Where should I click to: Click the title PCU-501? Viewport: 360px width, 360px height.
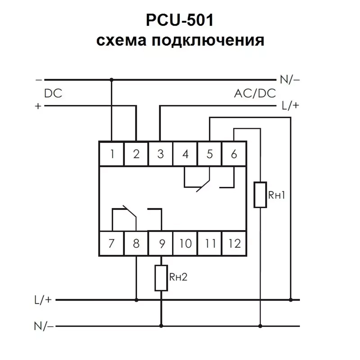coord(180,21)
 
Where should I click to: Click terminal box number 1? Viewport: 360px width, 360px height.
coord(112,154)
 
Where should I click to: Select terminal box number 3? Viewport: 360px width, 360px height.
coord(161,154)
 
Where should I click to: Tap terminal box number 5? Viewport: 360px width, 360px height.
coord(210,154)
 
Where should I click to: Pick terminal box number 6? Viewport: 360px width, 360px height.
coord(234,154)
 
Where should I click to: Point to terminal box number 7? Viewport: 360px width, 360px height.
coord(112,244)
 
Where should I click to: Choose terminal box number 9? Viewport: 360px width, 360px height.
coord(161,244)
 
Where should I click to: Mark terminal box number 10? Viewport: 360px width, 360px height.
coord(185,244)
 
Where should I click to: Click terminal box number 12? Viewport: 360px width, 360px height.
coord(234,244)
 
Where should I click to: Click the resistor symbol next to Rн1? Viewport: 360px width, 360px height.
coord(260,195)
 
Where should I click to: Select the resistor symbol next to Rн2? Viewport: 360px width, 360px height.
coord(161,278)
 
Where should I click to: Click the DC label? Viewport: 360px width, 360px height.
coord(53,94)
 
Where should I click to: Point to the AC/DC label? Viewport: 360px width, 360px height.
coord(255,94)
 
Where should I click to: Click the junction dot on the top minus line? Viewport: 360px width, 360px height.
coord(112,79)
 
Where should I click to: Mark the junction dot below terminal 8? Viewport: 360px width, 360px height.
coord(136,300)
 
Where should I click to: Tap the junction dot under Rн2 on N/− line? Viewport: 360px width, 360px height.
coord(161,327)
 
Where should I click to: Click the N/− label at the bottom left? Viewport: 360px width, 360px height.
coord(44,327)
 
